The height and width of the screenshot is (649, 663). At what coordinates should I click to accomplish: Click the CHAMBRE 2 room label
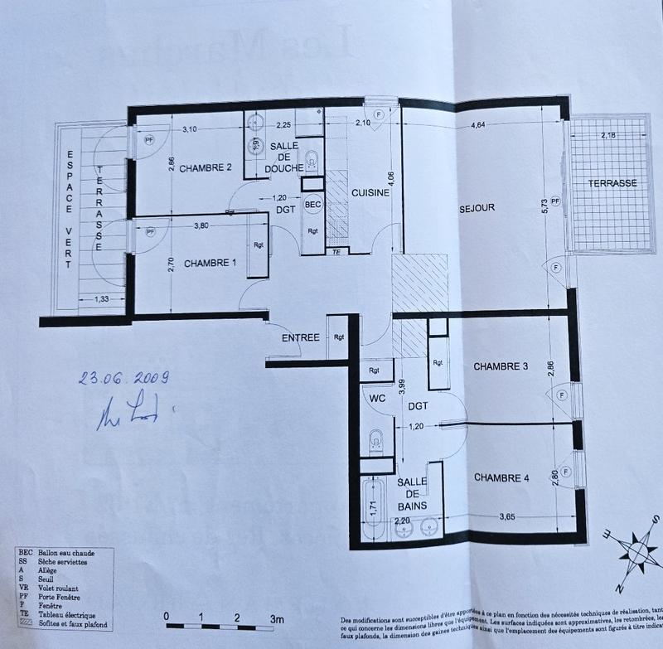pyautogui.click(x=205, y=169)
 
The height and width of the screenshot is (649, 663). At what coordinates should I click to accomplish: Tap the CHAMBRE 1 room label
pyautogui.click(x=210, y=264)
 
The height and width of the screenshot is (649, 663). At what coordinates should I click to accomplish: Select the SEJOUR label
pyautogui.click(x=477, y=208)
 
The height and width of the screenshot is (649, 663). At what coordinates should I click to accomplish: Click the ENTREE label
pyautogui.click(x=300, y=338)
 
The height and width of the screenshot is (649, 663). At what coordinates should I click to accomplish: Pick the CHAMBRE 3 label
pyautogui.click(x=501, y=366)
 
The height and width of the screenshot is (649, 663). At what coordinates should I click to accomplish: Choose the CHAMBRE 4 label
pyautogui.click(x=501, y=477)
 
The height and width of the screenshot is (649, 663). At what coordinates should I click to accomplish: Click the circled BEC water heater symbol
pyautogui.click(x=312, y=204)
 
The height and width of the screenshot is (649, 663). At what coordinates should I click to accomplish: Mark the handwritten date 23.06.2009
pyautogui.click(x=124, y=379)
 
